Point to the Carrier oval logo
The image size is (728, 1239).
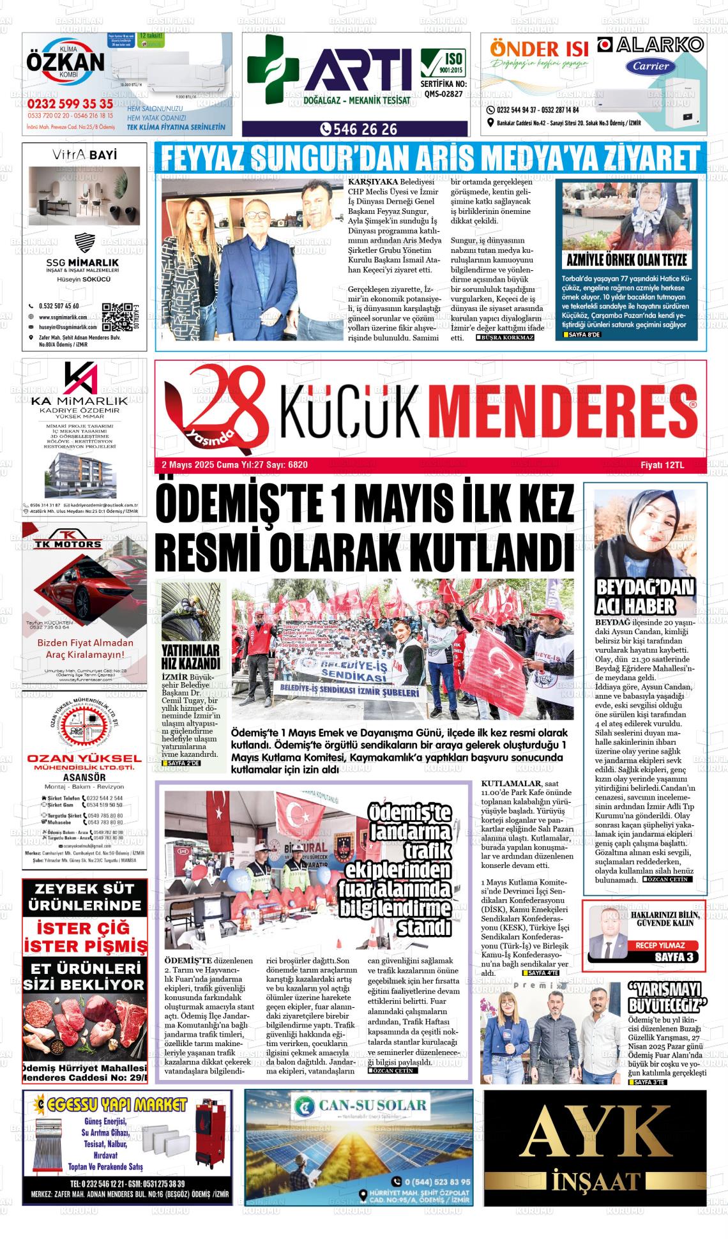click(651, 66)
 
